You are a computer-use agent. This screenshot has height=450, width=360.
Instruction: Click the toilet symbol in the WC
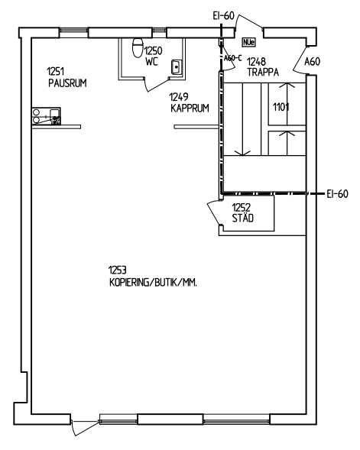point(138,47)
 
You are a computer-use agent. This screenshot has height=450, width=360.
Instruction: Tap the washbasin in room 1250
point(176,67)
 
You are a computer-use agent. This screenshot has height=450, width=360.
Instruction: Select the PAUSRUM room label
point(67,83)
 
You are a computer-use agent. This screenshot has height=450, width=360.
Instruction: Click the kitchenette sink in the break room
point(55,117)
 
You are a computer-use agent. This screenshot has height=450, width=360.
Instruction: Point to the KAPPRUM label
point(190,108)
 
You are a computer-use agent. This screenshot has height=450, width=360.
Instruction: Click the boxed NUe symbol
point(248,43)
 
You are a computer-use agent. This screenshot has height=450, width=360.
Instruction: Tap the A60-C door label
point(233,58)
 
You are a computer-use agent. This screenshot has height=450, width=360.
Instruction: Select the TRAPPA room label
point(263,72)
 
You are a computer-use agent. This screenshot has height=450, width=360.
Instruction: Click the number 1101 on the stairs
point(281,107)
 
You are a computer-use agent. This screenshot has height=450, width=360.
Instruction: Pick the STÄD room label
point(243,218)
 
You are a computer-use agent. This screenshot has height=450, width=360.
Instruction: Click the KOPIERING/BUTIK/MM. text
point(154,283)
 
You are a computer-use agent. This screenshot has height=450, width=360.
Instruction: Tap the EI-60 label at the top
point(224,16)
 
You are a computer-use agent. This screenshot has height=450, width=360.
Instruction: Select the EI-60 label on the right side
point(338,194)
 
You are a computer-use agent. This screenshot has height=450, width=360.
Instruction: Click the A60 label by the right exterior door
point(312,61)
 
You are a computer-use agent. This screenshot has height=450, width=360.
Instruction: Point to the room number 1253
point(118,270)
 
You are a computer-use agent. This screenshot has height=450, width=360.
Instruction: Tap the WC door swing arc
point(157,86)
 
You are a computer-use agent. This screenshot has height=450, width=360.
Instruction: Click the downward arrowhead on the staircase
point(242,153)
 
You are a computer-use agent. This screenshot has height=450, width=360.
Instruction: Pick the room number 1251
point(55,71)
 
